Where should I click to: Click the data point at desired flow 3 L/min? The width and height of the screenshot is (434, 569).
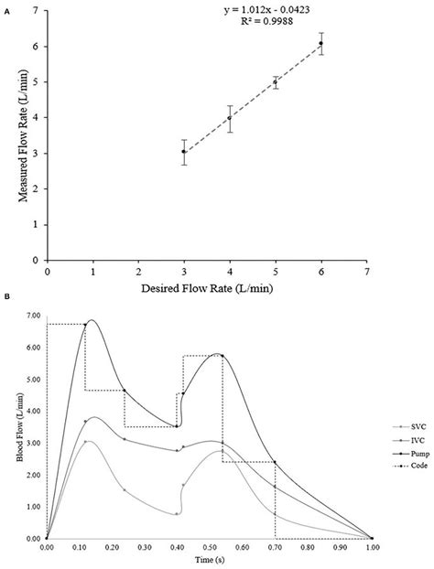(x=184, y=152)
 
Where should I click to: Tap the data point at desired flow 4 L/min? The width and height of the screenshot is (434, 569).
(x=230, y=118)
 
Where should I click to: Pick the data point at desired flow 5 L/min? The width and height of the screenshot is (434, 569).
(x=276, y=82)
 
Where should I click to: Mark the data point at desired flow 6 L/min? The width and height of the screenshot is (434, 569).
(x=320, y=44)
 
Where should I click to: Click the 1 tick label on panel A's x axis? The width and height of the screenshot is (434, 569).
(x=93, y=272)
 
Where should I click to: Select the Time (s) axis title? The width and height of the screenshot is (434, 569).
(x=209, y=558)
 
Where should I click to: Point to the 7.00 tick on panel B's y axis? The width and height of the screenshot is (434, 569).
(x=32, y=315)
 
